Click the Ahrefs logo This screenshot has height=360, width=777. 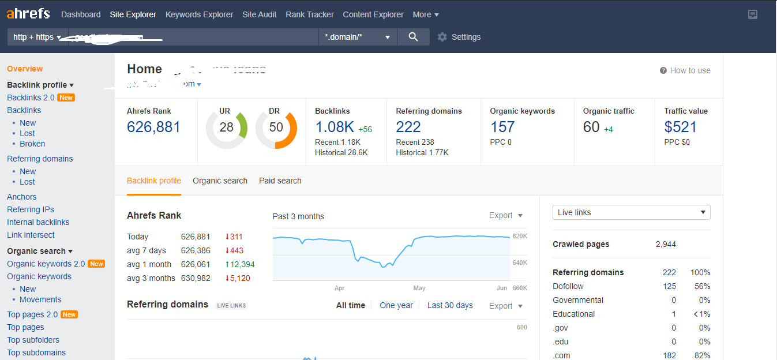pyautogui.click(x=28, y=14)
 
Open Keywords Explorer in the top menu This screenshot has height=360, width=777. pyautogui.click(x=199, y=14)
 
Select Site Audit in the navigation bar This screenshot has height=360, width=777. pyautogui.click(x=260, y=14)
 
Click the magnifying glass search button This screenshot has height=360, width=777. pyautogui.click(x=413, y=37)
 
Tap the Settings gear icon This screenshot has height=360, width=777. pyautogui.click(x=442, y=37)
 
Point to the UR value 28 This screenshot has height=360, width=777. pyautogui.click(x=226, y=127)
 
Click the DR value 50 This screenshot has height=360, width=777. pyautogui.click(x=276, y=127)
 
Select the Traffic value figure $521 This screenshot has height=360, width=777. pyautogui.click(x=681, y=127)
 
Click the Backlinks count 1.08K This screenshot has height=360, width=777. pyautogui.click(x=335, y=127)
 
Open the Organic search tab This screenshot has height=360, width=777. pyautogui.click(x=220, y=181)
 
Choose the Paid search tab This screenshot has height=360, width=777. pyautogui.click(x=280, y=181)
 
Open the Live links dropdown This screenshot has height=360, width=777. pyautogui.click(x=631, y=212)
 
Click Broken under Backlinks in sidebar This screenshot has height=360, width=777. pyautogui.click(x=32, y=144)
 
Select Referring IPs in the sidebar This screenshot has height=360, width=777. pyautogui.click(x=31, y=209)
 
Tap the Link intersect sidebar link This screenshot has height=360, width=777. pyautogui.click(x=31, y=235)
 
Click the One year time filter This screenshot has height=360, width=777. pyautogui.click(x=396, y=305)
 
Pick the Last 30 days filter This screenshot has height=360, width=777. pyautogui.click(x=450, y=305)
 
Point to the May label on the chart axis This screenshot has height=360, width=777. pyautogui.click(x=419, y=288)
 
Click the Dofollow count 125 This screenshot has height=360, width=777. pyautogui.click(x=669, y=286)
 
